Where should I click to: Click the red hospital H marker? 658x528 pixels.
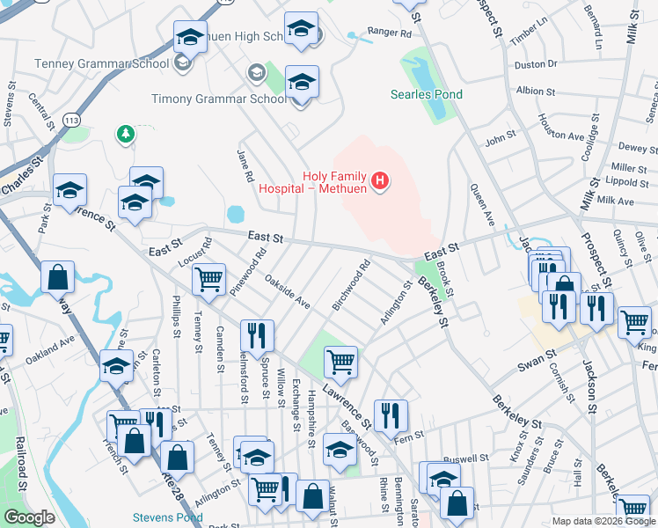click(380, 182)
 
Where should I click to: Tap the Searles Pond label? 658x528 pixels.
click(427, 94)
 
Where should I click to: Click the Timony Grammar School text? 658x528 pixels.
click(218, 99)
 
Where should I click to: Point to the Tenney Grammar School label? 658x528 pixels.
click(101, 63)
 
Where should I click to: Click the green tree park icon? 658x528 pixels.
click(126, 134)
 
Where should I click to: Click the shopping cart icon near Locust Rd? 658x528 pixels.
click(208, 281)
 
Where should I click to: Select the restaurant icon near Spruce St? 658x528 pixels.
click(257, 335)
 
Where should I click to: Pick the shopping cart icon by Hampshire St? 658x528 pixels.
click(340, 361)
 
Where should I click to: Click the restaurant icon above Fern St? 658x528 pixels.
click(391, 415)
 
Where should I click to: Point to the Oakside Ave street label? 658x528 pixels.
click(288, 294)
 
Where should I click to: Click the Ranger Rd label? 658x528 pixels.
click(389, 33)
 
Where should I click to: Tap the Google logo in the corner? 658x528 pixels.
click(29, 517)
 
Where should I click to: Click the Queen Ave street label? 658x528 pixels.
click(479, 202)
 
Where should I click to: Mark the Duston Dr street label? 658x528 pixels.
click(536, 64)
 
